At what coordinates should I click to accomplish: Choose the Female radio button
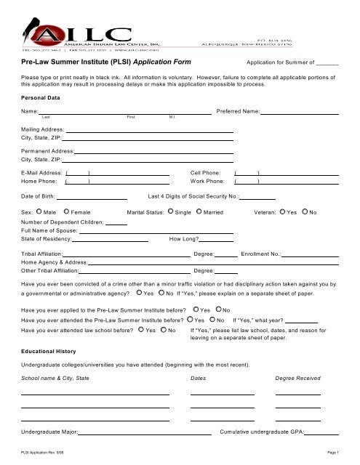tap(65, 211)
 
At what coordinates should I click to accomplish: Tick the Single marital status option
tap(170, 211)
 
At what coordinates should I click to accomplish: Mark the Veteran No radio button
tap(305, 211)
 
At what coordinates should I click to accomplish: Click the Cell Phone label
tap(207, 173)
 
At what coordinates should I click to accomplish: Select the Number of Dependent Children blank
tap(116, 223)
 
